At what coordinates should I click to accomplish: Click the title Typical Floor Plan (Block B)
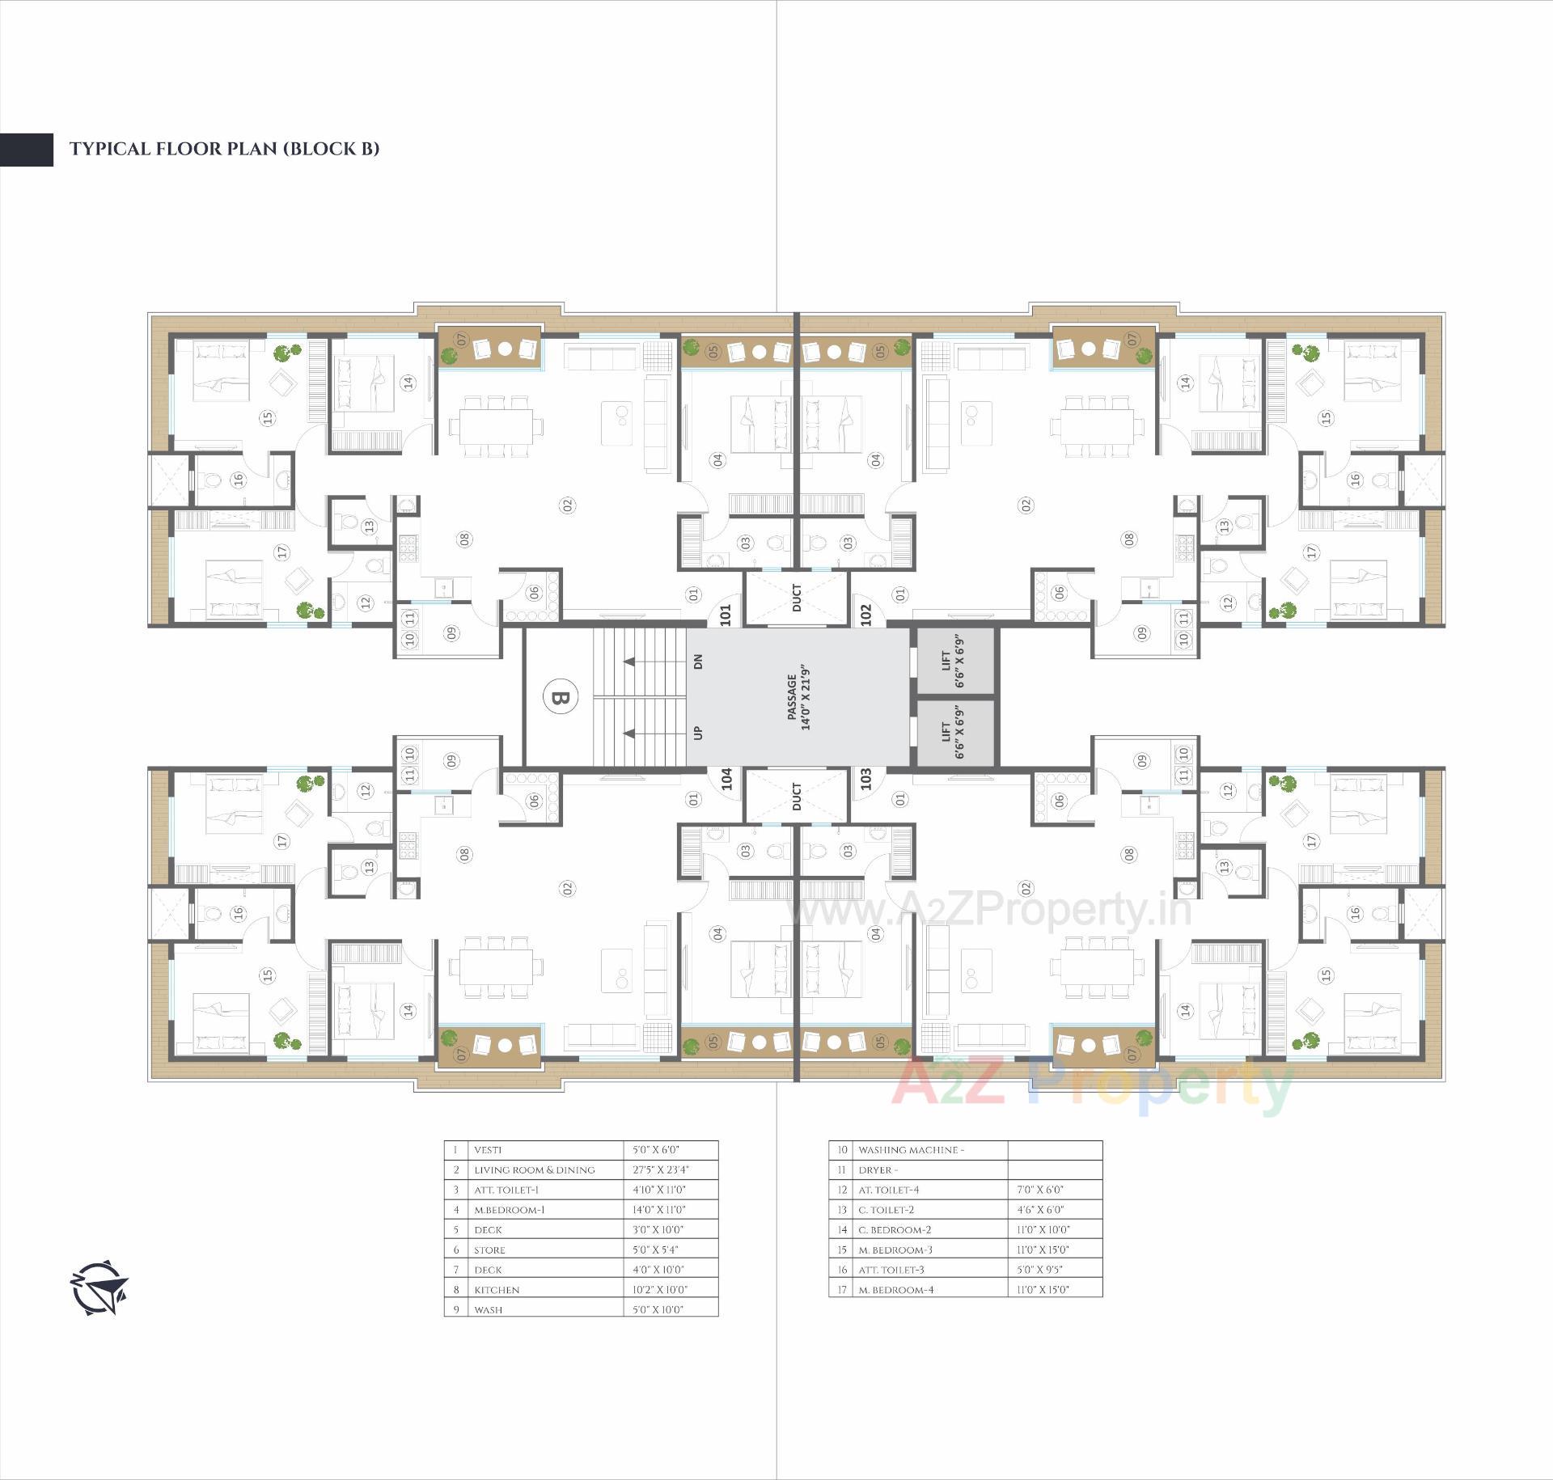coord(224,149)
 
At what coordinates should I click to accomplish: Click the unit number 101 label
coord(725,615)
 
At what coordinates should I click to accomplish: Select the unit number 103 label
coord(866,779)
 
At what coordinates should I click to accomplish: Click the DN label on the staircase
coord(698,661)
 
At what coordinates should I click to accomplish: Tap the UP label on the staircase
coord(698,733)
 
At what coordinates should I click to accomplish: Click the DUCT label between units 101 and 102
coord(797,598)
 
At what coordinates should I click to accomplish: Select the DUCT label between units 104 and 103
coord(797,796)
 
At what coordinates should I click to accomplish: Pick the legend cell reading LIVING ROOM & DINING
coord(534,1169)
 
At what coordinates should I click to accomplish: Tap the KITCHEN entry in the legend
coord(497,1290)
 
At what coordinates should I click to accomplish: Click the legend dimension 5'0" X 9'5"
coord(1040,1270)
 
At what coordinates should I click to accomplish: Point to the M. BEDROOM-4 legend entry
coord(895,1290)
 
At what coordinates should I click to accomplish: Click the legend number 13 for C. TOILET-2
coord(842,1210)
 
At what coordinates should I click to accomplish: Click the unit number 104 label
coord(726,779)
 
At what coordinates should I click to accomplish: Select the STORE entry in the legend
coord(489,1250)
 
